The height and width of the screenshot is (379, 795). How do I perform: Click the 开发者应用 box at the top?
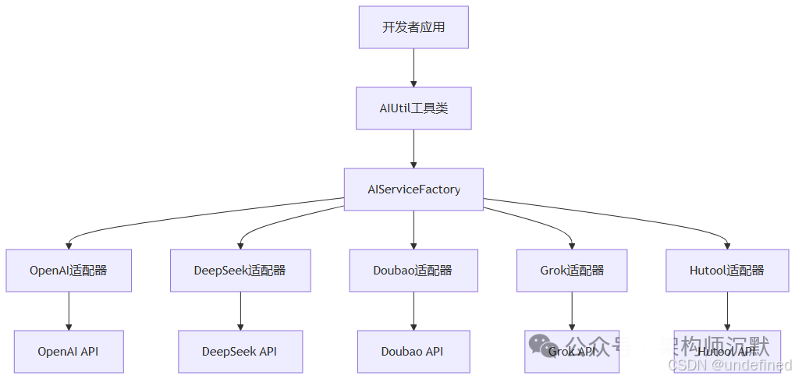413,27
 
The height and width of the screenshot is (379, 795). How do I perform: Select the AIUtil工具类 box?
413,108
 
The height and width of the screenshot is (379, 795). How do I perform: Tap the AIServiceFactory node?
413,189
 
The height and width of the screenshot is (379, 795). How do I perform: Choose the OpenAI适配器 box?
69,271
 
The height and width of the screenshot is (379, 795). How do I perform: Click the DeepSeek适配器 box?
240,271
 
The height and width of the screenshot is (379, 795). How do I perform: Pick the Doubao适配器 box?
413,271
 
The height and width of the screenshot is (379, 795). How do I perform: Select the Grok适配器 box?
572,271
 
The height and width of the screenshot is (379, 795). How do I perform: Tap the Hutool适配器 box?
727,271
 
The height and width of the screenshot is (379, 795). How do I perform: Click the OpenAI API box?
69,352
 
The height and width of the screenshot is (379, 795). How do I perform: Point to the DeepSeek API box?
240,352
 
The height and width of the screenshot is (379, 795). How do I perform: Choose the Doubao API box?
413,352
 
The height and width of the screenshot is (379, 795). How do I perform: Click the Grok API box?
572,352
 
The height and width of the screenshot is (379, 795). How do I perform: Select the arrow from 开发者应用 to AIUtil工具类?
413,68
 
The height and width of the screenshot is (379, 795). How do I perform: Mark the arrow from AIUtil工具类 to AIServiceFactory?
413,149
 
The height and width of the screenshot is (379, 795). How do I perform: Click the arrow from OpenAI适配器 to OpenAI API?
69,311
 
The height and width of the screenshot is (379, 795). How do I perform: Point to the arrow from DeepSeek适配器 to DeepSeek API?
240,311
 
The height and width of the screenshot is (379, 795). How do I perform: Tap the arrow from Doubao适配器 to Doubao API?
413,311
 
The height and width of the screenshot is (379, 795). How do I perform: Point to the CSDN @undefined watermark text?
729,365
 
